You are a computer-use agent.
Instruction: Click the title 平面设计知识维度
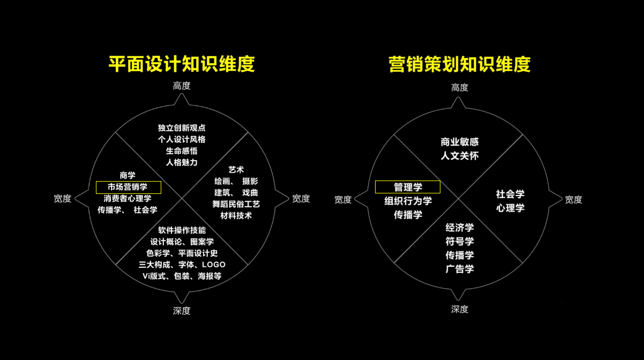coord(182,64)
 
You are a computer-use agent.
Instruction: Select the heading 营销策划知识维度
coord(460,64)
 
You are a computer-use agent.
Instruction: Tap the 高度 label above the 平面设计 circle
coord(182,86)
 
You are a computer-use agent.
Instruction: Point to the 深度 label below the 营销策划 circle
coord(460,309)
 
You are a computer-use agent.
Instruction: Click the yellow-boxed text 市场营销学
coord(128,187)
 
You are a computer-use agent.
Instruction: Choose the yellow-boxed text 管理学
coord(408,187)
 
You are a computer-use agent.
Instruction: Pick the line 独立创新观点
coord(182,127)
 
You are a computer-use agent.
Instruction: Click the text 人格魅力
coord(182,162)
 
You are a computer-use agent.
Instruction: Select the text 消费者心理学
coord(128,198)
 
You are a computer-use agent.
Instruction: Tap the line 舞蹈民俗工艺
coord(236,204)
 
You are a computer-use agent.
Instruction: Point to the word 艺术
coord(236,169)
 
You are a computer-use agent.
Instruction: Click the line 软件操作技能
coord(182,230)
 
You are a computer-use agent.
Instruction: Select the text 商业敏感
coord(460,142)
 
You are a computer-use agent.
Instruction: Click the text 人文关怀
coord(460,156)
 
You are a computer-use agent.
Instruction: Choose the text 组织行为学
coord(408,201)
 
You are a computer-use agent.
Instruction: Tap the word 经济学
coord(460,228)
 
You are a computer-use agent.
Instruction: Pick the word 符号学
coord(460,242)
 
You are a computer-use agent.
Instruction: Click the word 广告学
coord(460,269)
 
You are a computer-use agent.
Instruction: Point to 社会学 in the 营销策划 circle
coord(510,194)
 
